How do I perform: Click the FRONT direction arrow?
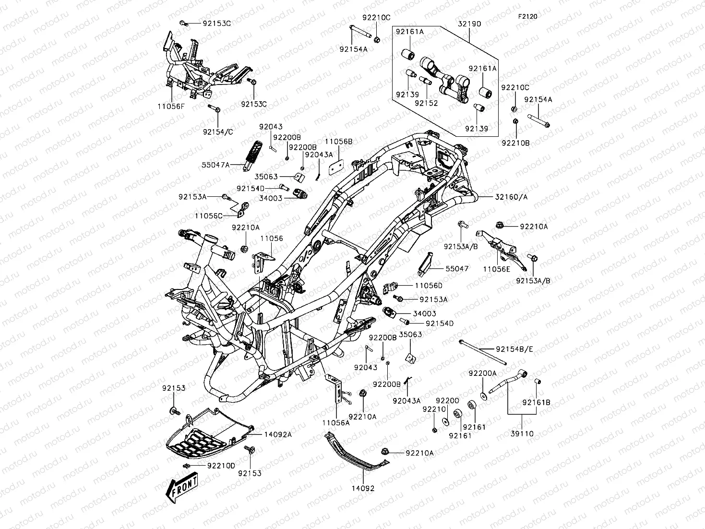point(181,487)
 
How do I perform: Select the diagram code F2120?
point(528,16)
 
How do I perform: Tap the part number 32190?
point(469,24)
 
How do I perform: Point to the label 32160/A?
point(511,196)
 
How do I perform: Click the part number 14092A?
point(278,434)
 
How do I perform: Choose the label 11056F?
point(171,106)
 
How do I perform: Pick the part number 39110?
point(522,433)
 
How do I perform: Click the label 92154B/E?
point(514,349)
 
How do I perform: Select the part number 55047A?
point(215,165)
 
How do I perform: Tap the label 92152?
point(426,103)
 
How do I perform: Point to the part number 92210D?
point(221,466)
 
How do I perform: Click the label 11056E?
point(497,269)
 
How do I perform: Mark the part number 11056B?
point(338,142)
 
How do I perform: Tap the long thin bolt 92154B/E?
point(483,352)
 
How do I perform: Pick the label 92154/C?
point(218,132)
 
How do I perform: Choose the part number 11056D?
point(429,286)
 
